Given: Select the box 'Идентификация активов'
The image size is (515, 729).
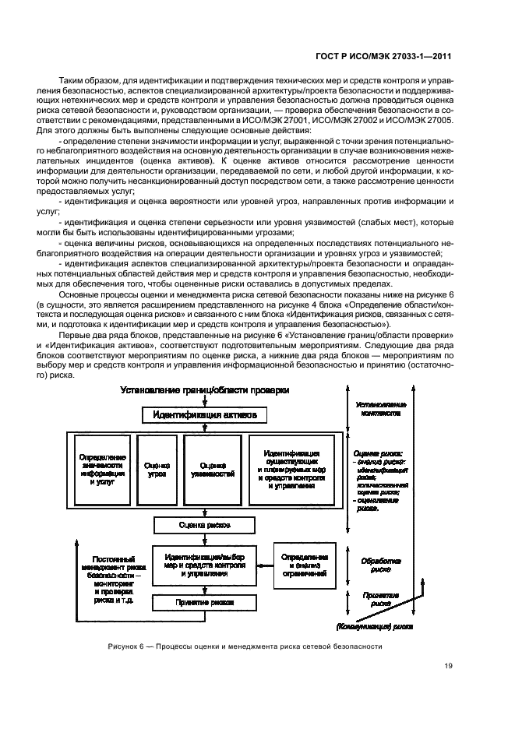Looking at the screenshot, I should [x=205, y=415].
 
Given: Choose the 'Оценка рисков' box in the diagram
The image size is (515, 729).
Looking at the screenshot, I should [x=205, y=524].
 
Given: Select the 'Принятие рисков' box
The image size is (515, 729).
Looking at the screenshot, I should [x=205, y=602].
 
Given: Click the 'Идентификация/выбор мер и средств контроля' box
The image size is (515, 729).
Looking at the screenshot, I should [x=205, y=565].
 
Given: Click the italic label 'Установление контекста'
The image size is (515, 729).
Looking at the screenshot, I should [x=379, y=410].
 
